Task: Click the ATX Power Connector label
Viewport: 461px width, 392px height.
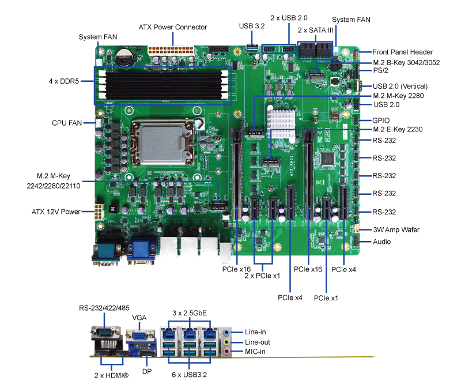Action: [173, 27]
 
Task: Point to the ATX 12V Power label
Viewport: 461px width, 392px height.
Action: [56, 212]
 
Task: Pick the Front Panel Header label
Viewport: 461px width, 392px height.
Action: [402, 52]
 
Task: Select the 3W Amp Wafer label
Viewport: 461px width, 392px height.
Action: [396, 229]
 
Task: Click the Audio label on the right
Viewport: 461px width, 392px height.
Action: [382, 242]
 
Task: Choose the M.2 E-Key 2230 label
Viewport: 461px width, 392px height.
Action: [398, 130]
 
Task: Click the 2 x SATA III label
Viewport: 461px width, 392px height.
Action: [315, 30]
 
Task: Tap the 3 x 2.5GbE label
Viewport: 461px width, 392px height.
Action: [190, 313]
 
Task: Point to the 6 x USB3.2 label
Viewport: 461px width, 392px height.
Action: [190, 375]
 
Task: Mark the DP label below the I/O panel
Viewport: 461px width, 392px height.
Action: [147, 372]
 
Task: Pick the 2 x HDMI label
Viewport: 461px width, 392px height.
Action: [111, 375]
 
